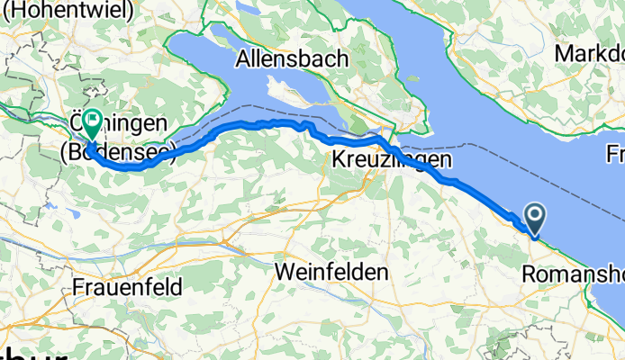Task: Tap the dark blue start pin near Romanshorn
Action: pos(534,220)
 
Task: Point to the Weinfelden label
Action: pos(332,270)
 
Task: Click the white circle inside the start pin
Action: pos(534,214)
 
